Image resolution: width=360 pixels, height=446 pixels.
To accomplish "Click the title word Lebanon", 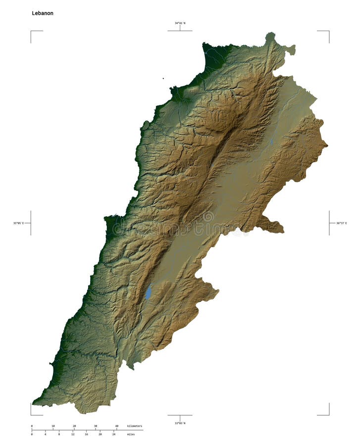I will [x=43, y=13].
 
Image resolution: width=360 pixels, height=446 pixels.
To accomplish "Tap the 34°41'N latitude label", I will [x=180, y=23].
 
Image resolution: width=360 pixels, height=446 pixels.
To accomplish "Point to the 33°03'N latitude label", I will [x=180, y=423].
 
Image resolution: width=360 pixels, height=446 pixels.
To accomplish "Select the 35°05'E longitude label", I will [x=18, y=223].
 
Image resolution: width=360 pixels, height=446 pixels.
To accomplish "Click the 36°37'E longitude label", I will [x=342, y=223].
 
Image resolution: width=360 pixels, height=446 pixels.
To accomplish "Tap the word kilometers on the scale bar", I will [x=135, y=426].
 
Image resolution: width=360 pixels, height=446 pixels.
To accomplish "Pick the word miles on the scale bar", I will [x=131, y=434].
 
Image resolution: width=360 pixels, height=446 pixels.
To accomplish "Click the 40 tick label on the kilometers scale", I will [x=117, y=426].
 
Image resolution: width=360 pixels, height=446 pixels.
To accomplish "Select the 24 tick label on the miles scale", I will [x=114, y=434].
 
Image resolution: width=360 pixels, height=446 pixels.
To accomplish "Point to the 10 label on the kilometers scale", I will [x=53, y=426].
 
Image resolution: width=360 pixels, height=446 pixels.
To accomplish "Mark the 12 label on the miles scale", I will [x=73, y=434].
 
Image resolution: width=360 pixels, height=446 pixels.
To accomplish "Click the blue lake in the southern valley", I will [x=148, y=292].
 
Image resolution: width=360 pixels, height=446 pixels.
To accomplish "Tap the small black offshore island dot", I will [x=163, y=78].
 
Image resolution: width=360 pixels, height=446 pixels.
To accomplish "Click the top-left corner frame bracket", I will [x=32, y=32].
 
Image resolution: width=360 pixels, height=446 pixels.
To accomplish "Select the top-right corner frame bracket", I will [x=328, y=32].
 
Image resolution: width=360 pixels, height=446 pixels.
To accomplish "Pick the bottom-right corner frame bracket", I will [x=328, y=414].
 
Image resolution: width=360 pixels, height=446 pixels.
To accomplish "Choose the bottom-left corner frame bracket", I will [x=32, y=414].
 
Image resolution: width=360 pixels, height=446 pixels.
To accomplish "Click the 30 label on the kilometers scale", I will [x=96, y=426].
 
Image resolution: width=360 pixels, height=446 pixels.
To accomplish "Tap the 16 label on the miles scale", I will [x=87, y=434].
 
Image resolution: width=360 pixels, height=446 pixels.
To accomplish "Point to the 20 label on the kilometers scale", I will [x=74, y=426].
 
